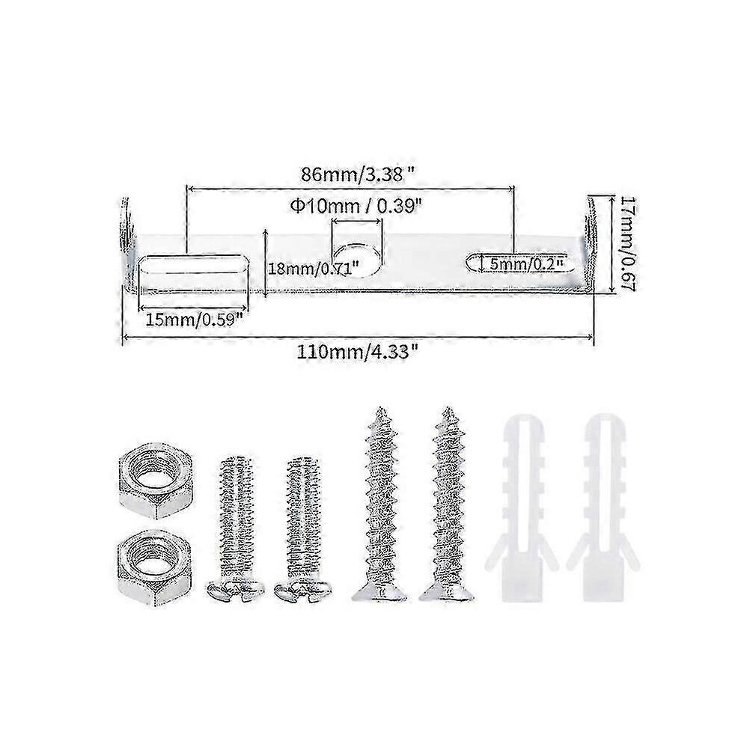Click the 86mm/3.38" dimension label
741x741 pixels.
point(359,175)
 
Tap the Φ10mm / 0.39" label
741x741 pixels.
point(356,206)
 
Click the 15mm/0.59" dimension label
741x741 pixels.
point(194,320)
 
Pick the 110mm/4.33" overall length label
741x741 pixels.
point(358,352)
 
